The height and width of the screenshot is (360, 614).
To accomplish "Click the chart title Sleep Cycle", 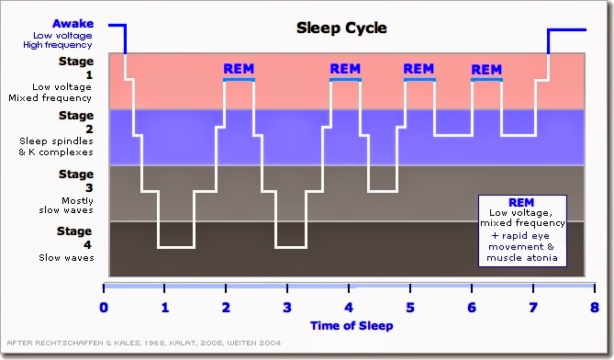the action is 341,28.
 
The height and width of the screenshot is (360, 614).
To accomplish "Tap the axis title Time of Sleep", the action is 352,325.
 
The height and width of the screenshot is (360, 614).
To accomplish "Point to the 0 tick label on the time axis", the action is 104,308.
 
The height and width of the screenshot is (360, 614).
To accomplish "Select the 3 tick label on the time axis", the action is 287,308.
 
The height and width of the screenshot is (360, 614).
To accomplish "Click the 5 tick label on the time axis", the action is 410,308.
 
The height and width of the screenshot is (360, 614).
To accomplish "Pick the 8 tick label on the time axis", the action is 595,308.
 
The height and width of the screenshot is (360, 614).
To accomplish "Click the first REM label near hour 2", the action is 239,69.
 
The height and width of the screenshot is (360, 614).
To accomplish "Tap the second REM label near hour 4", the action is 345,69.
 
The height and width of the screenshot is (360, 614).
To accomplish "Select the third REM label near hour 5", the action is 419,69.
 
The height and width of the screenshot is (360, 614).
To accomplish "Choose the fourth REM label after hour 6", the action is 486,70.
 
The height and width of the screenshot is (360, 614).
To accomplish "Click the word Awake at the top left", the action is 73,24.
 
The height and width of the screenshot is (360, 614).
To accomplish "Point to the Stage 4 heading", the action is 74,238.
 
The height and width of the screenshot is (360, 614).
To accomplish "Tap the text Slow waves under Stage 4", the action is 66,258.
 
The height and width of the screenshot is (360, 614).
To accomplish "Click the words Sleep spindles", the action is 56,141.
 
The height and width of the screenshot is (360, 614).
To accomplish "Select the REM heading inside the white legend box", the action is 521,203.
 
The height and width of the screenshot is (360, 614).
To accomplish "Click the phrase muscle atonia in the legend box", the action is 522,258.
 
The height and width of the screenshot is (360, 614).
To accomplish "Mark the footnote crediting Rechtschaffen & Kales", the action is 144,343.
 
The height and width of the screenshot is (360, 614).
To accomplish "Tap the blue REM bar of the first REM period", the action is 239,80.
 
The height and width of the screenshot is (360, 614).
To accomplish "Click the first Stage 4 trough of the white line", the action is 176,247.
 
